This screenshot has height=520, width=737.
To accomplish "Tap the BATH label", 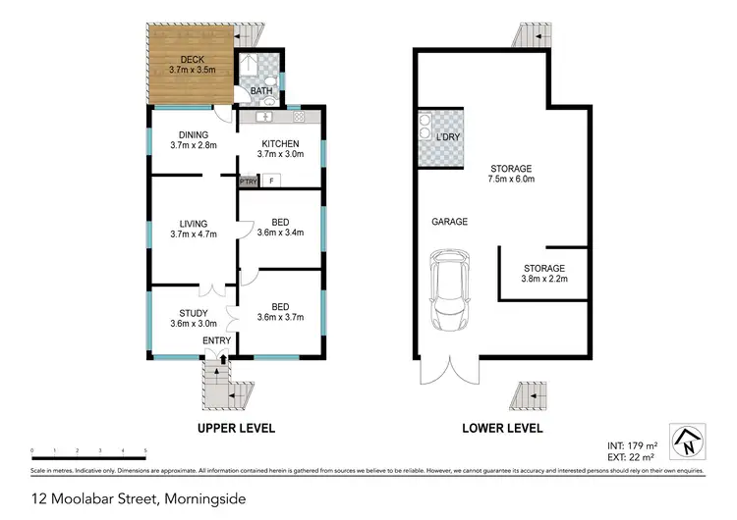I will [x=260, y=91].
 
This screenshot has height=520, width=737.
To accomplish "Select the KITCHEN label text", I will [x=280, y=143].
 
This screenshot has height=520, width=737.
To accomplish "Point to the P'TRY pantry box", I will [x=248, y=182].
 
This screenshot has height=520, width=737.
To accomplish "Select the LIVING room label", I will [x=192, y=224].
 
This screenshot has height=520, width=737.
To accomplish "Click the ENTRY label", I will [x=216, y=340].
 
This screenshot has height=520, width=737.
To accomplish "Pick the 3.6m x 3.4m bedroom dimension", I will [x=280, y=234].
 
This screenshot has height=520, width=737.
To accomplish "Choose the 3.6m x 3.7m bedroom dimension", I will [x=280, y=318].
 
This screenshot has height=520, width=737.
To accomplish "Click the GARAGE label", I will [x=449, y=222].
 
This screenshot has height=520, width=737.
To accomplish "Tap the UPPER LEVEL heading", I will [x=236, y=429].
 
